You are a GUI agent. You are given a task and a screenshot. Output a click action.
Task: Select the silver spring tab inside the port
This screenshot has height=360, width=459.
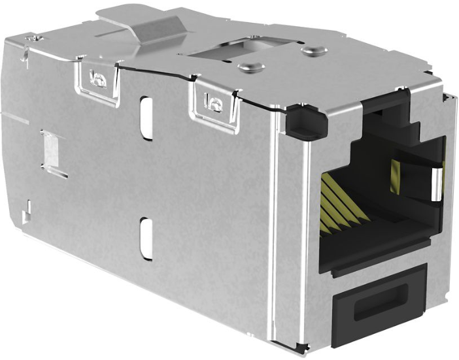(x=436, y=183)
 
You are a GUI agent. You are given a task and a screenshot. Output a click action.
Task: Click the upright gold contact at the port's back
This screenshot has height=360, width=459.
(x=394, y=172)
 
